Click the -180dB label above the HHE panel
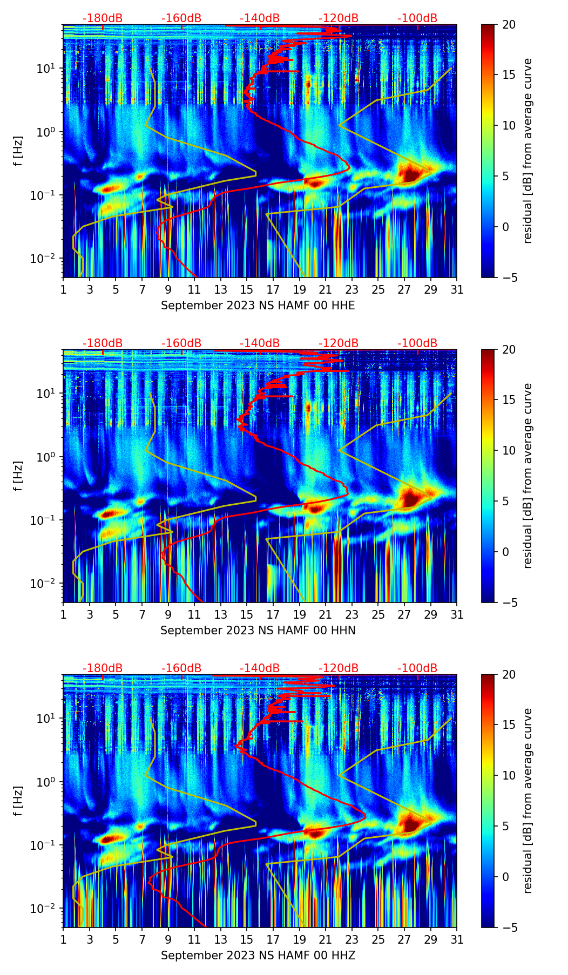103,18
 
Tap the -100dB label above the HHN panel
417,343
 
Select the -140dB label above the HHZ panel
260,668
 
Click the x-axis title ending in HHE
258,306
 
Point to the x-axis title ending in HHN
258,631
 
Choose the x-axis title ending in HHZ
258,956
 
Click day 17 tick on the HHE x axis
273,290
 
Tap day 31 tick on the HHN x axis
457,615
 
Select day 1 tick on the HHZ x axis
63,940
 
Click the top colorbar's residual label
528,151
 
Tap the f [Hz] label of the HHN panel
18,476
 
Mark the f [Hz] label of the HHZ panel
18,801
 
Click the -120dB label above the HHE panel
339,18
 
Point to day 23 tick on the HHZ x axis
351,940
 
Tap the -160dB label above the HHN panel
181,343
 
